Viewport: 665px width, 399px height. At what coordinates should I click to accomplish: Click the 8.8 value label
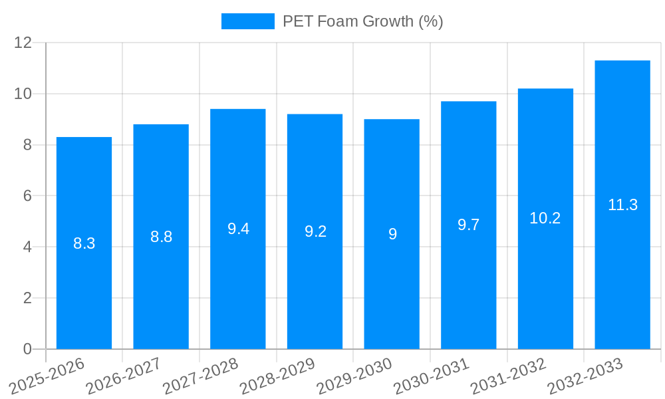pyautogui.click(x=161, y=237)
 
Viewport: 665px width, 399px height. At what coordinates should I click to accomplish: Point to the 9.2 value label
pyautogui.click(x=315, y=231)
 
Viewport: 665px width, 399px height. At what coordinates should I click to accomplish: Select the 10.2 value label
pyautogui.click(x=545, y=218)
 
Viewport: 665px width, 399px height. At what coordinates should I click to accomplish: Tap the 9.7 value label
pyautogui.click(x=468, y=225)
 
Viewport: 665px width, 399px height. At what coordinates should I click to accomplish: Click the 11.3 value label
pyautogui.click(x=622, y=205)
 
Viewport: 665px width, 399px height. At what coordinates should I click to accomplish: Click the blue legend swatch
pyautogui.click(x=247, y=21)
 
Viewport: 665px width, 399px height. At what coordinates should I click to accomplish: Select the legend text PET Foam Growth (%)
pyautogui.click(x=362, y=21)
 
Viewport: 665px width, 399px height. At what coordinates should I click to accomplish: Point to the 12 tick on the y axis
pyautogui.click(x=23, y=43)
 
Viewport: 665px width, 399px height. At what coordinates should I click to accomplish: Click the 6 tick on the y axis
pyautogui.click(x=27, y=196)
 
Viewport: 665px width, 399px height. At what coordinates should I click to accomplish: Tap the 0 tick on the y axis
pyautogui.click(x=27, y=349)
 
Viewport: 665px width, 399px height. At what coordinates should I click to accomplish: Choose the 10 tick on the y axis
pyautogui.click(x=23, y=94)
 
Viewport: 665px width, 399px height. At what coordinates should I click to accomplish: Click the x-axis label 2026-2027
pyautogui.click(x=124, y=376)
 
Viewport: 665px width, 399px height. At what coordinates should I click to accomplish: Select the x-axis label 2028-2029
pyautogui.click(x=277, y=376)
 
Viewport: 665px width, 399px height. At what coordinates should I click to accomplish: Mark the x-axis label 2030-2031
pyautogui.click(x=432, y=376)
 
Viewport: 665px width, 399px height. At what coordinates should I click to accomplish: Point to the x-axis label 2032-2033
pyautogui.click(x=585, y=376)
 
